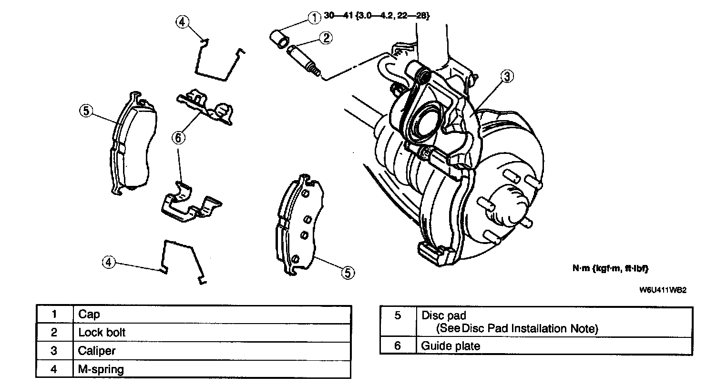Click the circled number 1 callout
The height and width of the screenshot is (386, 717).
click(314, 18)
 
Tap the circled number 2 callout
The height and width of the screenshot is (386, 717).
click(326, 38)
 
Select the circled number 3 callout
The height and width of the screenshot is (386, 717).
click(507, 77)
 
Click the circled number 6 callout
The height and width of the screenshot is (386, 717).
click(178, 138)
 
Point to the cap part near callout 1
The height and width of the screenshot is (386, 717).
click(279, 40)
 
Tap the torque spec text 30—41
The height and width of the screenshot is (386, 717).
click(338, 15)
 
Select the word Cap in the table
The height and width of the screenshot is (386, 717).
click(89, 315)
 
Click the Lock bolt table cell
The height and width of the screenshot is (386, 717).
click(102, 333)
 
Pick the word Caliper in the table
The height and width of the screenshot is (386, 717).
click(97, 351)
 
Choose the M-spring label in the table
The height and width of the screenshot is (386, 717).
click(101, 369)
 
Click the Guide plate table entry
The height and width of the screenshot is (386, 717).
click(451, 345)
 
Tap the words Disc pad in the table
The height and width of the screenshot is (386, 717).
click(444, 315)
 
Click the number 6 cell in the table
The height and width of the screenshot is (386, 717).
click(398, 345)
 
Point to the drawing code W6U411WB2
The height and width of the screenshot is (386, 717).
click(663, 290)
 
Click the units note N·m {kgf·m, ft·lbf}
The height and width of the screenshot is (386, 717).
click(610, 268)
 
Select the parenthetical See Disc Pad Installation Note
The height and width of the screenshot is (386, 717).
click(517, 329)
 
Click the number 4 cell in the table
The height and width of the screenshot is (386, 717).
click(54, 369)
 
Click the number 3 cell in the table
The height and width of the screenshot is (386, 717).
click(54, 351)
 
